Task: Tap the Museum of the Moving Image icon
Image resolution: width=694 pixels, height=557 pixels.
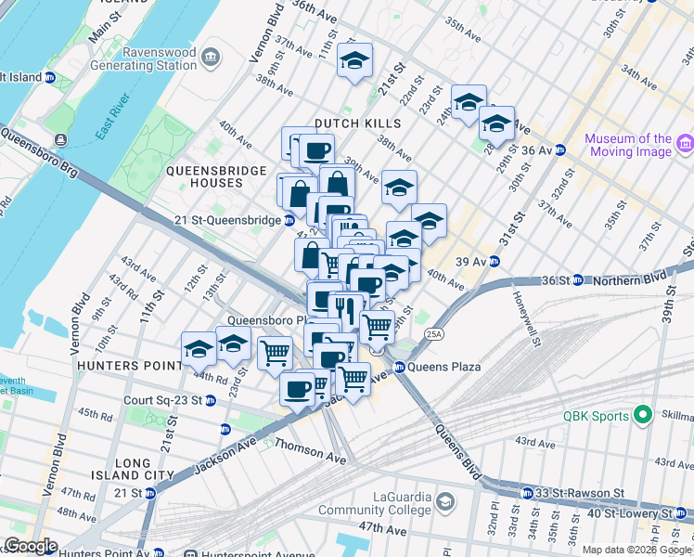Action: (x=685, y=144)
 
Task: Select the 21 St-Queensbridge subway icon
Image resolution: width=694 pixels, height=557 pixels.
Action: (x=289, y=221)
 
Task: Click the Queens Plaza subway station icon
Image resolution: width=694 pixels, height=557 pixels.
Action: (x=400, y=367)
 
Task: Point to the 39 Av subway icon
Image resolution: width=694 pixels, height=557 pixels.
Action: (x=495, y=261)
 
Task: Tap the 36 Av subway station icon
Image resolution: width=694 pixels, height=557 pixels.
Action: (x=560, y=149)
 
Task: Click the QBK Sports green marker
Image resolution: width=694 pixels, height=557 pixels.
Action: (x=640, y=416)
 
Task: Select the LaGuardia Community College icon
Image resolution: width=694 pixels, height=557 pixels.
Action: (x=446, y=502)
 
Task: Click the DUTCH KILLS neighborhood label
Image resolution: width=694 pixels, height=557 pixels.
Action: (x=357, y=123)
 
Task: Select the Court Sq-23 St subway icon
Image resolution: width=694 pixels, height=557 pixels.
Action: (x=210, y=401)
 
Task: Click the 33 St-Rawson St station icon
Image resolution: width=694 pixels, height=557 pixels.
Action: (x=526, y=492)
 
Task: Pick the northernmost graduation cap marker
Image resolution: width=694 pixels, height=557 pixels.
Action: (x=353, y=61)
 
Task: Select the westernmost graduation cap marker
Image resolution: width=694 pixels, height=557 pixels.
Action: (x=199, y=349)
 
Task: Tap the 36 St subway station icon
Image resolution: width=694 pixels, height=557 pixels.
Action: (x=576, y=279)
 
